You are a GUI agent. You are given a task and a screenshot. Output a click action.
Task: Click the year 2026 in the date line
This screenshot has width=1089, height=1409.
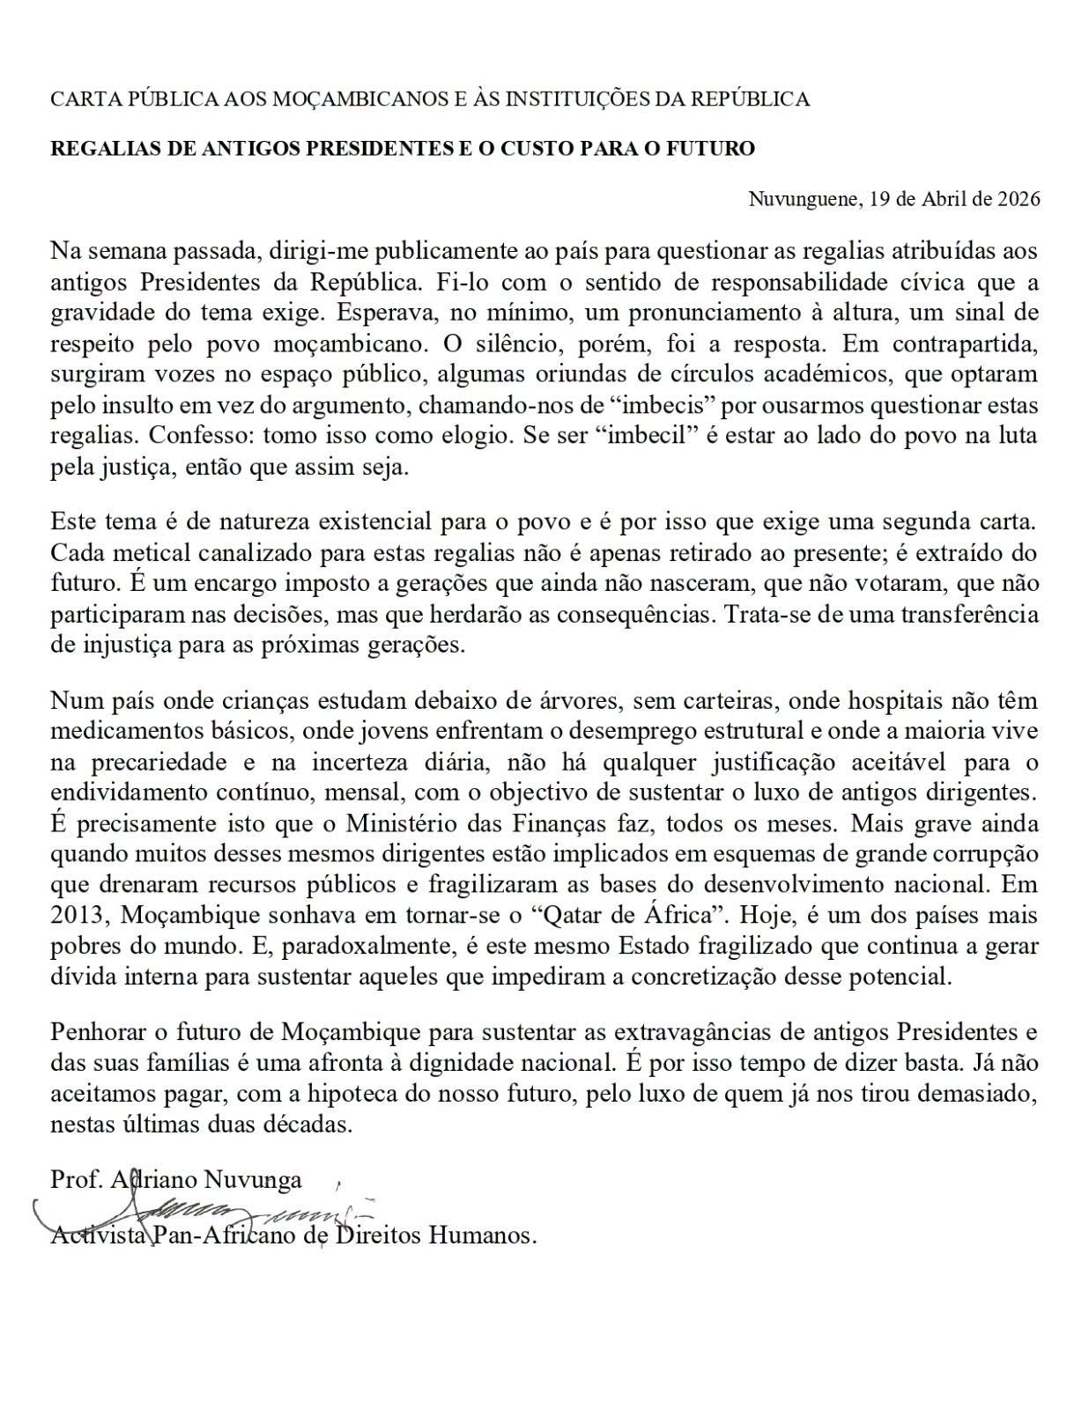pos(1019,198)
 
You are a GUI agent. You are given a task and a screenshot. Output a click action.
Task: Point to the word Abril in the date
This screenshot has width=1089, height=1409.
pos(946,198)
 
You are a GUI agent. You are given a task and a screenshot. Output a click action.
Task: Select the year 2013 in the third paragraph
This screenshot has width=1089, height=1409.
pos(78,915)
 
